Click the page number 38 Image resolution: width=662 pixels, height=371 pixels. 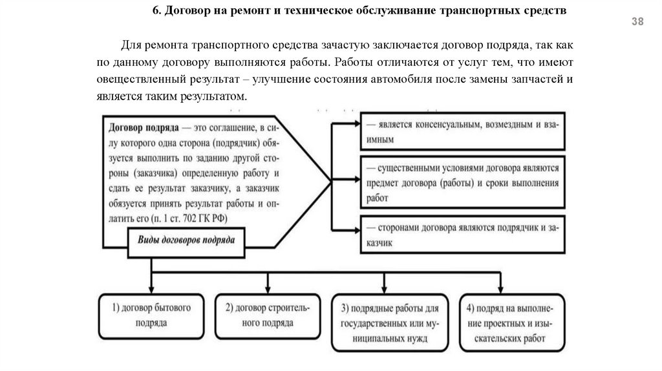pyautogui.click(x=637, y=23)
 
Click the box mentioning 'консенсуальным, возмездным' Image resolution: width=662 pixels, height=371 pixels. pyautogui.click(x=464, y=132)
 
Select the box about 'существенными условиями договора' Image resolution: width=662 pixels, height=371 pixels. pyautogui.click(x=464, y=183)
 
